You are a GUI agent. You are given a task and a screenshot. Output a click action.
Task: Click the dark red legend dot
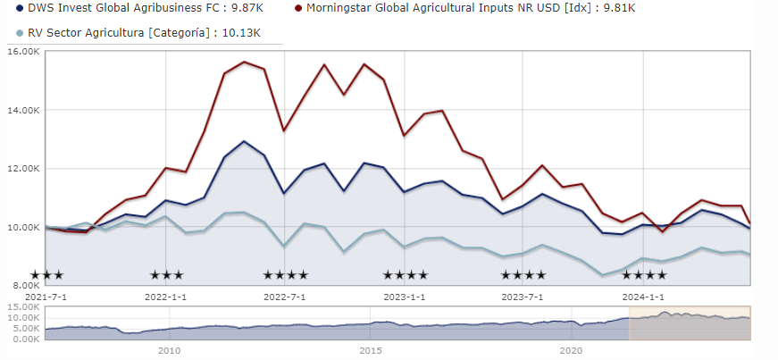point(297,9)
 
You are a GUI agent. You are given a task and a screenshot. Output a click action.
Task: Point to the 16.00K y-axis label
point(21,52)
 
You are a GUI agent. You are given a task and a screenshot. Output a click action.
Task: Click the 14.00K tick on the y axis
point(21,111)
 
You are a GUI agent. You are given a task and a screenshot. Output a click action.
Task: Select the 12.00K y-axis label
point(21,169)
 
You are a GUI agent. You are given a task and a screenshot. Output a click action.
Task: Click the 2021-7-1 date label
point(46,296)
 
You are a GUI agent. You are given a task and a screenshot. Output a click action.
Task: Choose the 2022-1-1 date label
point(165,296)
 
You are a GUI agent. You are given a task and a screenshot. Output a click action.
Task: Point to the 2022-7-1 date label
point(285,296)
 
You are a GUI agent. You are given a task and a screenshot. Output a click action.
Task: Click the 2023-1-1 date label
point(405,296)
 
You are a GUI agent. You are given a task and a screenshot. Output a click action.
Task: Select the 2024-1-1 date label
point(643,296)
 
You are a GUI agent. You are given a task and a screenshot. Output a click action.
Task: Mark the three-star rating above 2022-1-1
point(166,275)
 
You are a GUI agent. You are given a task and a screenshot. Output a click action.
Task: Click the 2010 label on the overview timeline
point(170,351)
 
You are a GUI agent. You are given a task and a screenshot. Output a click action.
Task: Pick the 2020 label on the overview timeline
point(572,351)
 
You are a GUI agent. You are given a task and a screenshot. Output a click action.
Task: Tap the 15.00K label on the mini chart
point(21,307)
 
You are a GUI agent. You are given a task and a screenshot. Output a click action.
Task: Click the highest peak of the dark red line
point(244,63)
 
